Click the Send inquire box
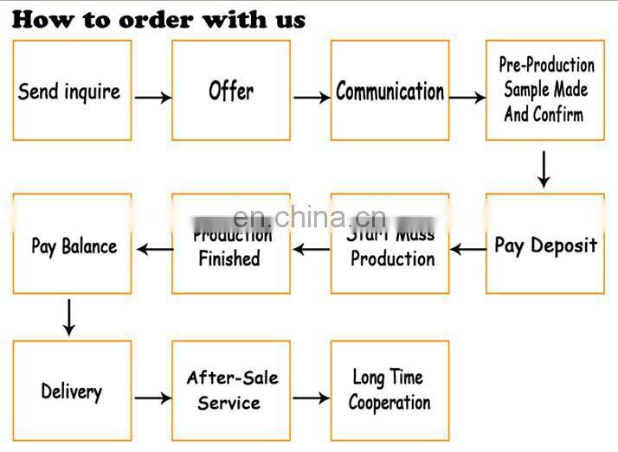click(72, 90)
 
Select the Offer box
click(231, 90)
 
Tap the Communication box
click(389, 90)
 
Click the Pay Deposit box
click(544, 245)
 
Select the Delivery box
click(72, 392)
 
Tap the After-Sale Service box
click(231, 391)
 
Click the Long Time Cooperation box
click(389, 391)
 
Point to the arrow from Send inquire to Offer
click(152, 98)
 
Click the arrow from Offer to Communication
click(311, 98)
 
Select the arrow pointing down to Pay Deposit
click(543, 169)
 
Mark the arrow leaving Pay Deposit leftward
click(467, 251)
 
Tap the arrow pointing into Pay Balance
click(154, 251)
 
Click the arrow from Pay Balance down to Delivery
click(69, 317)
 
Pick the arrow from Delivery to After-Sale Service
click(152, 398)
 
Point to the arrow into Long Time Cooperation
click(311, 398)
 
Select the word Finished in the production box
click(229, 258)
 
